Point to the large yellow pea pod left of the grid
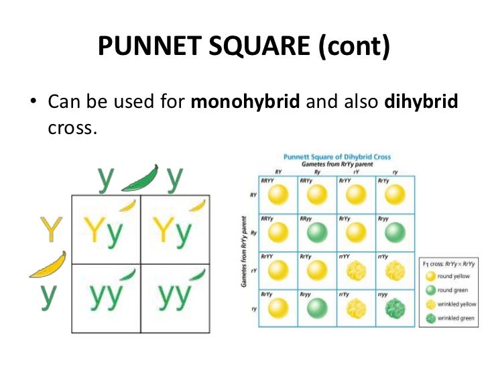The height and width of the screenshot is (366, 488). (x=48, y=265)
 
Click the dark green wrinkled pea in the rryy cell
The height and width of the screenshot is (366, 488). (x=394, y=308)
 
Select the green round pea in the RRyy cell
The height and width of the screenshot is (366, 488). (x=316, y=233)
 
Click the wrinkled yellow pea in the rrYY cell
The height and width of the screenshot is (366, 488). (x=355, y=270)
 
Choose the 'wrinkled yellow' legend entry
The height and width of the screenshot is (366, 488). (x=452, y=304)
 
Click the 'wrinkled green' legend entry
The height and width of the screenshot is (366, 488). (x=451, y=318)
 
